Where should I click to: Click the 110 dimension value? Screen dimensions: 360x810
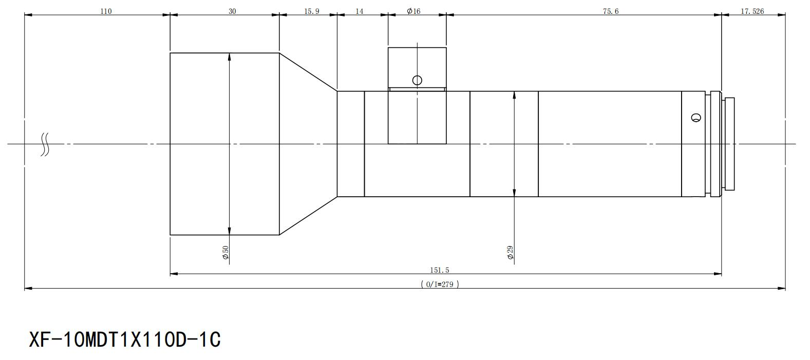coord(106,11)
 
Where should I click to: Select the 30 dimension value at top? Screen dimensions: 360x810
coord(232,11)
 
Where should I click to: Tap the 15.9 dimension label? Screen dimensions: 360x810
coord(312,11)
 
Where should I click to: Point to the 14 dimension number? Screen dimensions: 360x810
coord(359,11)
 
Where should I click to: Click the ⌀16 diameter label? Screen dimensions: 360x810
coord(413,11)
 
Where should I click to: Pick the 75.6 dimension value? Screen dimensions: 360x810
coord(611,11)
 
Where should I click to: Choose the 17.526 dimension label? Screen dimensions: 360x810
coord(752,11)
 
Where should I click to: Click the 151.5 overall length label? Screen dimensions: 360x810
coord(440,270)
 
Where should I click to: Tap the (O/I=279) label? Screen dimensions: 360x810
coord(440,284)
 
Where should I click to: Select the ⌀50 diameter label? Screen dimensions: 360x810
coord(225,253)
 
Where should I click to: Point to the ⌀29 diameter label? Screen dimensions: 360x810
coord(510,253)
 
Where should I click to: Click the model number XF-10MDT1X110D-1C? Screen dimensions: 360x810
coord(125,340)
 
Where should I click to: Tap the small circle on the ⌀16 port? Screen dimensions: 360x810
coord(417,80)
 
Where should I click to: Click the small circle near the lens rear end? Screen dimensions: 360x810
coord(696,118)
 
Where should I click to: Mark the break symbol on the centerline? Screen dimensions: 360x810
coord(45,144)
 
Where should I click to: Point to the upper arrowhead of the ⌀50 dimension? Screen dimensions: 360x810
coord(229,57)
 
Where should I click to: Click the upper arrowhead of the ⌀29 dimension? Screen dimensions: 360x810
coord(514,96)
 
